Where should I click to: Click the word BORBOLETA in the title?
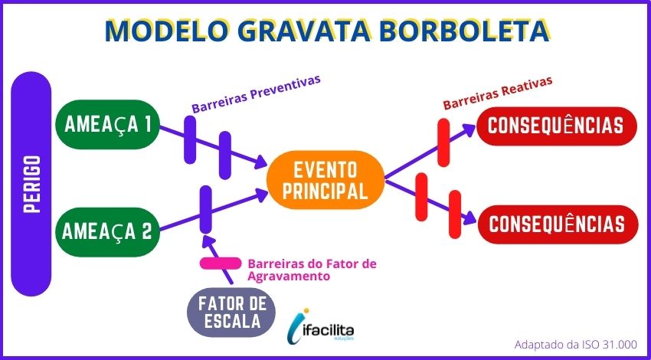click(x=465, y=31)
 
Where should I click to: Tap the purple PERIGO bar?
click(x=31, y=184)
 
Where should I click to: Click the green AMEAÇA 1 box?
click(x=107, y=124)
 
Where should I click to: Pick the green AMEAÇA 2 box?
click(x=107, y=231)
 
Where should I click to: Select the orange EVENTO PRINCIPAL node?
click(x=325, y=180)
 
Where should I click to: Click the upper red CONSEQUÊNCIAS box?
click(x=556, y=126)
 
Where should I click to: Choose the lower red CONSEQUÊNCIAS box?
click(x=557, y=224)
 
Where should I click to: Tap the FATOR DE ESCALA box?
click(x=231, y=313)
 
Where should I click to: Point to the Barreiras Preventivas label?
click(x=256, y=94)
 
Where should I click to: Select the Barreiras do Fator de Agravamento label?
click(x=312, y=270)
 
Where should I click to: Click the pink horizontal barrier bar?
click(x=220, y=263)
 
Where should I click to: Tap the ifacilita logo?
click(x=320, y=324)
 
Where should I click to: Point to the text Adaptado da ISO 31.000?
click(x=575, y=344)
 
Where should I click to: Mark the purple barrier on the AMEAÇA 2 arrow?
click(x=205, y=209)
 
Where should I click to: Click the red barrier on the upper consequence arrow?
click(x=443, y=142)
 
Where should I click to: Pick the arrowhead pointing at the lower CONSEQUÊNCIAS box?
click(x=469, y=218)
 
